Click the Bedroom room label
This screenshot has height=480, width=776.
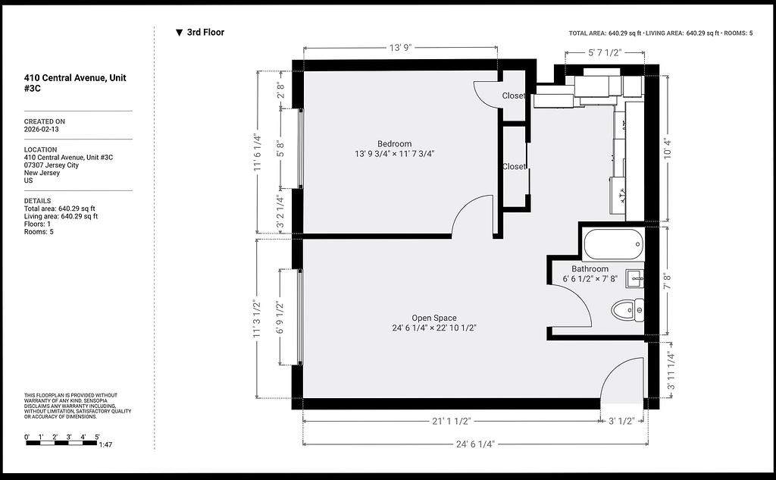(394, 143)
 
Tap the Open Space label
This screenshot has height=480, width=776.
(434, 318)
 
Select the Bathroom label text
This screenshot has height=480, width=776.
(590, 269)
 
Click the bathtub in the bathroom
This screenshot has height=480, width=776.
(614, 244)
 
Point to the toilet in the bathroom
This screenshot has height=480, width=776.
(627, 311)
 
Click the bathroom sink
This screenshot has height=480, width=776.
(635, 279)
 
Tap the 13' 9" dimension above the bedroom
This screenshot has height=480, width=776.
(400, 48)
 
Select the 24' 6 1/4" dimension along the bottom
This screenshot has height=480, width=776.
(475, 444)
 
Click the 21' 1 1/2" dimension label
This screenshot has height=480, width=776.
(451, 421)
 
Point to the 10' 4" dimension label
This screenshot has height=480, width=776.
(668, 148)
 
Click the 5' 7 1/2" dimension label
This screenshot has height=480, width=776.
(604, 52)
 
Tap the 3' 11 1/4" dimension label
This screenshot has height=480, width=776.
(670, 371)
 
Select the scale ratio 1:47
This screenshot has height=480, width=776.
(105, 444)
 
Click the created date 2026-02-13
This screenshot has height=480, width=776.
(41, 129)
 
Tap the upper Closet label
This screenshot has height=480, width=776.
(514, 96)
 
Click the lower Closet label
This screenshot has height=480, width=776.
(514, 166)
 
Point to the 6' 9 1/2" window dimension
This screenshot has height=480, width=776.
(280, 317)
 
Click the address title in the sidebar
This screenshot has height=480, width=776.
(75, 83)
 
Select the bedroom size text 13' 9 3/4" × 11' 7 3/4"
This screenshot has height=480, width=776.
(394, 154)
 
